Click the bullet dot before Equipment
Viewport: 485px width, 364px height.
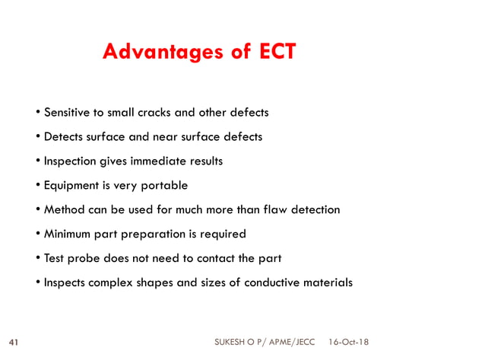coord(38,186)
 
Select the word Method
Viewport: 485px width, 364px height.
coord(65,209)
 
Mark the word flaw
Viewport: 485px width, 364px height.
coord(265,209)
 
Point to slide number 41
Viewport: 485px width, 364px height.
coord(13,343)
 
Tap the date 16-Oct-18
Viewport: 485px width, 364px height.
coord(349,343)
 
